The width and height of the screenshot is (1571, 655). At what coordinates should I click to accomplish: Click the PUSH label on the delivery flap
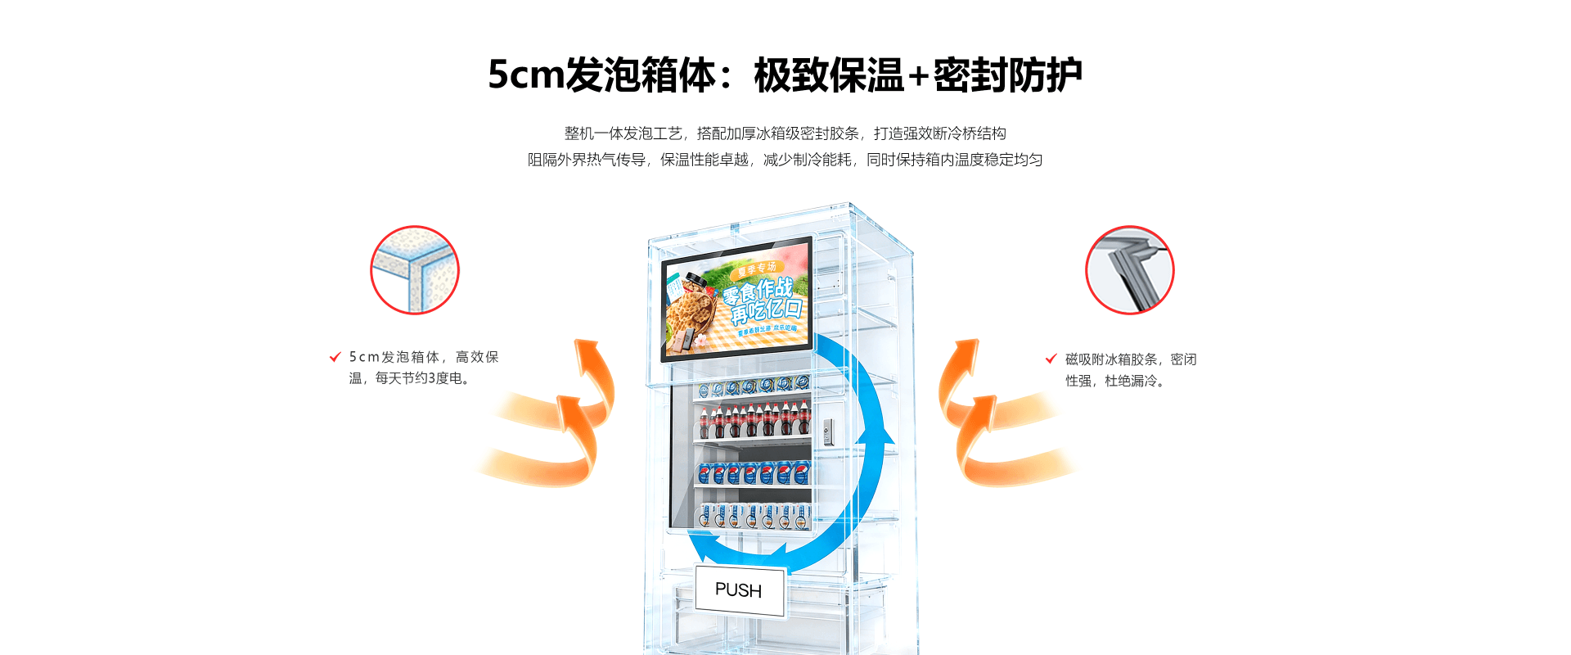coord(739,590)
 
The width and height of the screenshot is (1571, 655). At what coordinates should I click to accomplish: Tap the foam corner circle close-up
coord(415,270)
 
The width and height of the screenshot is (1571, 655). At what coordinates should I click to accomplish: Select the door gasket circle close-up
coord(1129,270)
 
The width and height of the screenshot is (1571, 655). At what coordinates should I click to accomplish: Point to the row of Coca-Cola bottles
coord(753,420)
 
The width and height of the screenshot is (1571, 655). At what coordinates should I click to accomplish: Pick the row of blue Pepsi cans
coord(753,472)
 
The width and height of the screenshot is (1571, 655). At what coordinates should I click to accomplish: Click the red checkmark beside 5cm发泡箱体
coord(335,357)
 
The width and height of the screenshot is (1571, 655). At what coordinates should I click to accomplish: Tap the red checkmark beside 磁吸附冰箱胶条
coord(1051,359)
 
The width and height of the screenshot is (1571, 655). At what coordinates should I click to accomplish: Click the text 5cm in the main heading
coord(525,75)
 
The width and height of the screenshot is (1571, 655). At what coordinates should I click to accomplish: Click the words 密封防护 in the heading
coord(1008,75)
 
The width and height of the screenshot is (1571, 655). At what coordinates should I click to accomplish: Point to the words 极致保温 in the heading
coord(828,75)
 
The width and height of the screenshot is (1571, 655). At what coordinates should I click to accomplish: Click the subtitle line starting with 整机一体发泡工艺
coord(785,133)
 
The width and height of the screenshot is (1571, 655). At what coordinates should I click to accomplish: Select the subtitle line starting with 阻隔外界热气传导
coord(785,160)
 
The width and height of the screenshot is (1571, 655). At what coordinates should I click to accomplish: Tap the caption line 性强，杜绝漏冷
coord(1114,381)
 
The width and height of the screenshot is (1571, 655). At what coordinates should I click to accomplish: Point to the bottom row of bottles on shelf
coord(753,516)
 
